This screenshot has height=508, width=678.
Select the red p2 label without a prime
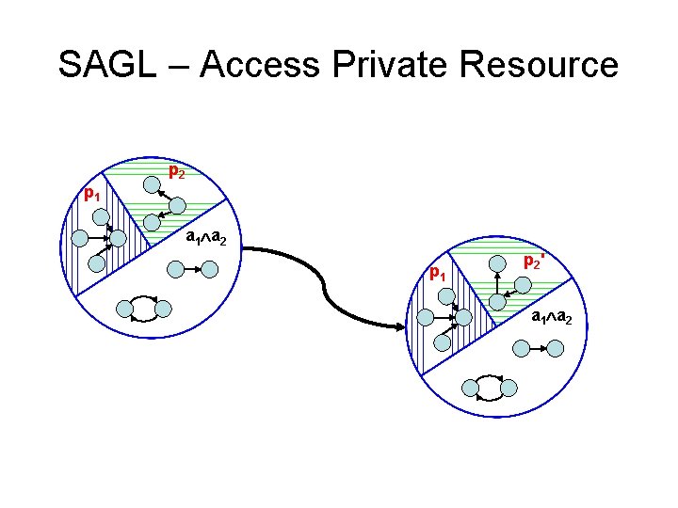176,173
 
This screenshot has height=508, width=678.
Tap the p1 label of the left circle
90,195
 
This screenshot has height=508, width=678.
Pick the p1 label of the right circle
437,275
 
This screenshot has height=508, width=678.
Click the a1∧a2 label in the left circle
205,238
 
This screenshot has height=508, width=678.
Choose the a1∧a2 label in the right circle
551,317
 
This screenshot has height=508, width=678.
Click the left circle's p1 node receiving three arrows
117,239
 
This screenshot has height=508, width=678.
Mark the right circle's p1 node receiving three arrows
462,318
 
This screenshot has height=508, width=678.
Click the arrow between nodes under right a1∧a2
537,348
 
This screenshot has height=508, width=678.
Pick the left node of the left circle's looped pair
124,308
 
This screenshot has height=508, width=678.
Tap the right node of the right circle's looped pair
508,387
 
